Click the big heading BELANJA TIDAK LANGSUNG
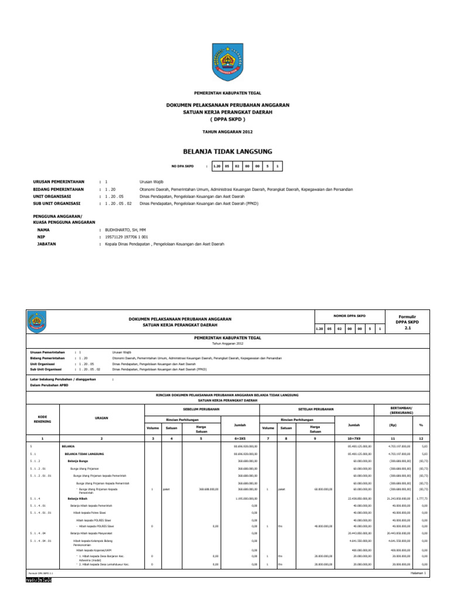[228, 151]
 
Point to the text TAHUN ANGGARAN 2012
[228, 134]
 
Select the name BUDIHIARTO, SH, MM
[124, 231]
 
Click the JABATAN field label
[46, 244]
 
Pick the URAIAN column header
[102, 417]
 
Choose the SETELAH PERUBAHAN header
[317, 408]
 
